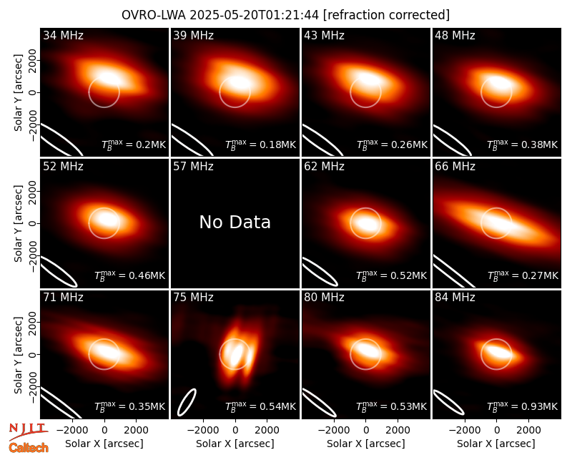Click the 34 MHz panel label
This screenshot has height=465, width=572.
pos(63,35)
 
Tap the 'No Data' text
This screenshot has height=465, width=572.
pos(235,222)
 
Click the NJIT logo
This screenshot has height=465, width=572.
pos(28,431)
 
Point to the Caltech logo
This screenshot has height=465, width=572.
pos(29,448)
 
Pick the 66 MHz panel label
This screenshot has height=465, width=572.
pos(455,167)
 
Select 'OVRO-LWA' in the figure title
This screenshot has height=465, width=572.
pos(154,15)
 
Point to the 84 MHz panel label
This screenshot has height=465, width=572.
pos(455,298)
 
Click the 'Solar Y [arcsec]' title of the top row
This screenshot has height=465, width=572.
pos(18,93)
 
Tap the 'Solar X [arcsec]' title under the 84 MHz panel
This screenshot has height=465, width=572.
pos(496,444)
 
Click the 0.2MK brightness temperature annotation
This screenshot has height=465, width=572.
pos(134,144)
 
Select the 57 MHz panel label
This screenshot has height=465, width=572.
pos(193,167)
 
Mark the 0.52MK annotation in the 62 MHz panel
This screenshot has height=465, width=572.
pos(391,275)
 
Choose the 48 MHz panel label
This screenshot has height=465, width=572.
pos(455,35)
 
